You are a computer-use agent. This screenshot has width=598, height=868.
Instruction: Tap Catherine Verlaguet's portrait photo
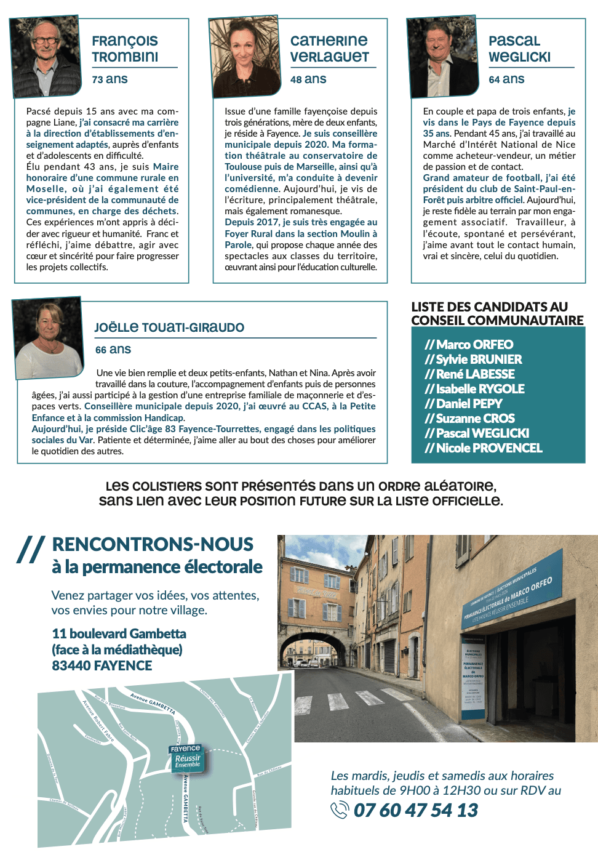pos(245,57)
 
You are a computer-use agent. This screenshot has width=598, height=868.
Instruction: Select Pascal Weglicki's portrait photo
pos(443,57)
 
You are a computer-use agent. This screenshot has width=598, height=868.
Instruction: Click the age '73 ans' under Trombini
pos(110,79)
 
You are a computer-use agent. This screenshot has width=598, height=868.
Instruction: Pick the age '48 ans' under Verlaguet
pos(308,79)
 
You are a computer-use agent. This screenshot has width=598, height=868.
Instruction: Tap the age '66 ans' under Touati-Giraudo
pos(113,350)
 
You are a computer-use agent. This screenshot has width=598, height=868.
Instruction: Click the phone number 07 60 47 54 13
pos(416,810)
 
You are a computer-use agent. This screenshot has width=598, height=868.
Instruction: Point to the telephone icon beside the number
pos(340,810)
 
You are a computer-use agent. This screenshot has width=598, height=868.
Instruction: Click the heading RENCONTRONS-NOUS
pos(153,544)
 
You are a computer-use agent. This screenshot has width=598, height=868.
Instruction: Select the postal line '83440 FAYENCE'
pos(102,665)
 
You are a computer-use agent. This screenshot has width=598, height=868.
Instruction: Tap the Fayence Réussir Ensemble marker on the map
pos(186,758)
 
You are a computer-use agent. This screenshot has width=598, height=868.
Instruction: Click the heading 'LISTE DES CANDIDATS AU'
pos(490,307)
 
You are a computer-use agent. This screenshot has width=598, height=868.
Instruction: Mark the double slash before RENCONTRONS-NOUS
pos(31,549)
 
